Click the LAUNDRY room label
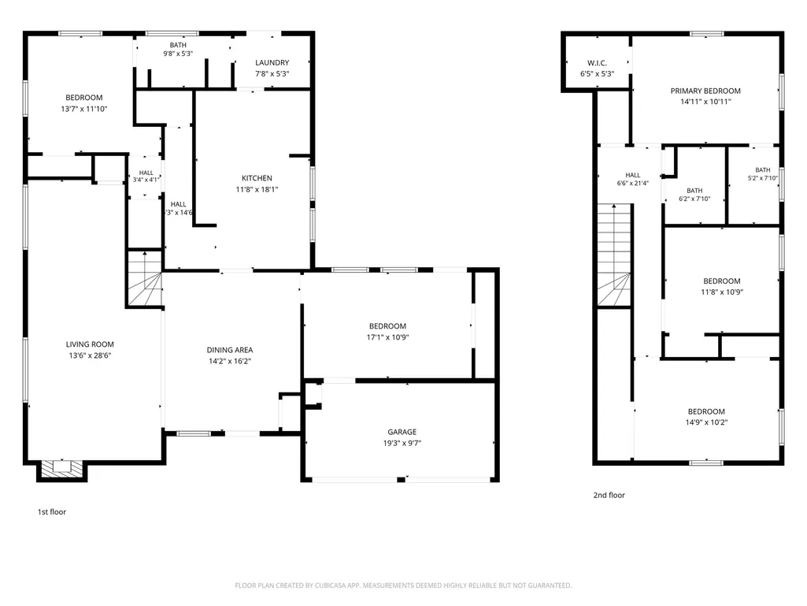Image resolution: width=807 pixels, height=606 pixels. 272,62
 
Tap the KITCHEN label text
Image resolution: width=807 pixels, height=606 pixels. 257,178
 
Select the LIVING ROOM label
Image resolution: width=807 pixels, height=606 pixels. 90,344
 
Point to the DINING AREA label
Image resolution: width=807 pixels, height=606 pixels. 230,350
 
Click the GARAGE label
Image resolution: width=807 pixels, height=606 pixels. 402,432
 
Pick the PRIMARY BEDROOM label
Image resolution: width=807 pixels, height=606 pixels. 705,91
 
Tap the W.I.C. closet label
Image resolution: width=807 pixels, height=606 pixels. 597,63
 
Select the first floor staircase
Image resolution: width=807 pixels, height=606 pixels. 145,279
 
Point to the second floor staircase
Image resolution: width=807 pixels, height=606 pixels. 614,255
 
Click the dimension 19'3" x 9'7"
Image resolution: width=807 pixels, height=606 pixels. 402,443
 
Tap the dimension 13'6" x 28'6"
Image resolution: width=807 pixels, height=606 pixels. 90,355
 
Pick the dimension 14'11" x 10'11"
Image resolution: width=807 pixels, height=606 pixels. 705,102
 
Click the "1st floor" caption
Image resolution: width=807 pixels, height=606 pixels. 52,511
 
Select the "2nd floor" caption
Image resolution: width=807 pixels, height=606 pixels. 609,495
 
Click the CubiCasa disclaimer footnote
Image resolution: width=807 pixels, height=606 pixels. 403,586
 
